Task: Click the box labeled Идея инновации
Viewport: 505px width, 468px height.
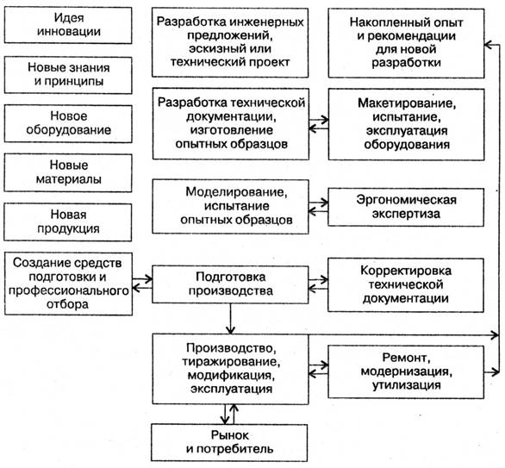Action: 68,25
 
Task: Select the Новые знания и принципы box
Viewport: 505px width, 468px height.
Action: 68,75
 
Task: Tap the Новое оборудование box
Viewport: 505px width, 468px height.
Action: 68,124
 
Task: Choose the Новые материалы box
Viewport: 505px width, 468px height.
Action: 68,173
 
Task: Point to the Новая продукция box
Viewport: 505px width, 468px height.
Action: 68,222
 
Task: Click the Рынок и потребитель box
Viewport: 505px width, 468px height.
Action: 229,442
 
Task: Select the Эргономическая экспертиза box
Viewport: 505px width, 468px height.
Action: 406,207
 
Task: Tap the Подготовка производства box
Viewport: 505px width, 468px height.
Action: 230,284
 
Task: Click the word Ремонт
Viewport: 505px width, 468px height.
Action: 406,358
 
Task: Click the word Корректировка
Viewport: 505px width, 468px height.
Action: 406,271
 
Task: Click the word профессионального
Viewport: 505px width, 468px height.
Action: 68,290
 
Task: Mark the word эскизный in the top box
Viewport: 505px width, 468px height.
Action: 210,49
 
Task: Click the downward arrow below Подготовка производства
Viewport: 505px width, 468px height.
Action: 230,318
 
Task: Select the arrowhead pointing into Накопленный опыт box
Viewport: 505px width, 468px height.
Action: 489,45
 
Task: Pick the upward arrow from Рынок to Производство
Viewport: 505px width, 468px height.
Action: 234,415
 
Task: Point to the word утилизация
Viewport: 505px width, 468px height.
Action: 407,385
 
